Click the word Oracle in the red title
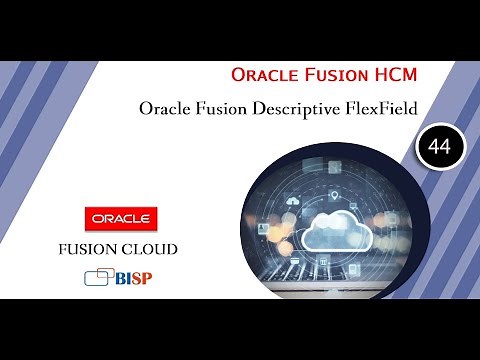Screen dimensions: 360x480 pyautogui.click(x=262, y=75)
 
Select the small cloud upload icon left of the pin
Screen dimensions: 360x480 pyautogui.click(x=293, y=200)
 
